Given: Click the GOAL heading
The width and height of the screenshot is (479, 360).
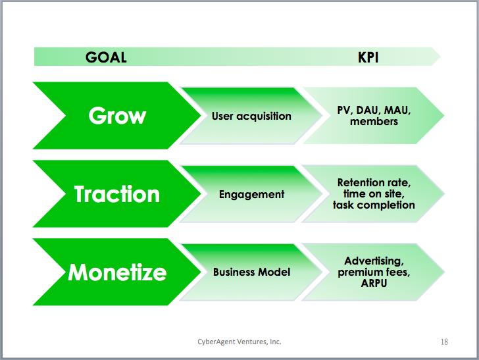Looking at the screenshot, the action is coord(106,57).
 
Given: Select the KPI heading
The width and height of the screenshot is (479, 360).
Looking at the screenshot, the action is coord(368,57).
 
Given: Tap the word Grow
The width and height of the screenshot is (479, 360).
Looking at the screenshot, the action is coord(117,116).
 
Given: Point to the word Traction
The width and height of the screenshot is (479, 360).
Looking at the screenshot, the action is coord(117,194).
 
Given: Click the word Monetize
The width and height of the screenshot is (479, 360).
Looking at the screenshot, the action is coord(117,272).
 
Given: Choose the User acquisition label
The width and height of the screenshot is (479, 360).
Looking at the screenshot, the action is coord(251,116).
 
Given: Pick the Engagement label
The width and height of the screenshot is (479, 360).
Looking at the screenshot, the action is coord(252,194).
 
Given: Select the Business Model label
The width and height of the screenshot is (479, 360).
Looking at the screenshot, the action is coord(252,272).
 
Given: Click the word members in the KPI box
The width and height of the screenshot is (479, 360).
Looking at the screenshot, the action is coord(374,122).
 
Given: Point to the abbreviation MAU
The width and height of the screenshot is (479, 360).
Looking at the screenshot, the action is coord(397,111).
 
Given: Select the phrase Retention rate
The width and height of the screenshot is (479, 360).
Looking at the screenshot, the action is coord(374,182).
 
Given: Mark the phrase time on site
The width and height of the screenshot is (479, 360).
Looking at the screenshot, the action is coord(374,193).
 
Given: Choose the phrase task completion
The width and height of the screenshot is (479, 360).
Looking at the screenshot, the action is coord(374,205).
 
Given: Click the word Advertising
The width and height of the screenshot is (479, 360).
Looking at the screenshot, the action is coord(374,261).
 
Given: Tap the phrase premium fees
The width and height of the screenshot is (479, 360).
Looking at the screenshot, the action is coord(374,272).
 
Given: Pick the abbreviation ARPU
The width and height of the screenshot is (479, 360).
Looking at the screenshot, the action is coord(374,283).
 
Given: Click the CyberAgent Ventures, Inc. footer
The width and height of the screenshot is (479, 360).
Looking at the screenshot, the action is coord(239,342).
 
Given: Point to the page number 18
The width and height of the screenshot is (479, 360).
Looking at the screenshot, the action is coord(444,342).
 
